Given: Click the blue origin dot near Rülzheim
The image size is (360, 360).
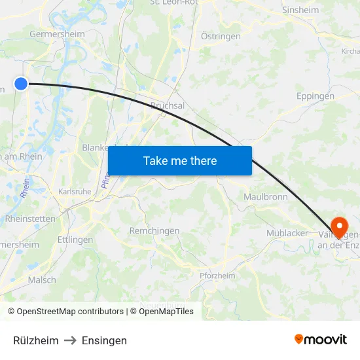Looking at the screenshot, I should (x=21, y=83).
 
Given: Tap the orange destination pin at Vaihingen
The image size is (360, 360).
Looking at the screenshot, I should (x=340, y=226).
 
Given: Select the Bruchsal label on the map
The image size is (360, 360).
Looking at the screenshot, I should (x=168, y=105).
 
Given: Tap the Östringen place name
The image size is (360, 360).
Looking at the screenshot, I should (x=221, y=37).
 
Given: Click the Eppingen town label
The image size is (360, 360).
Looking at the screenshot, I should (x=315, y=96).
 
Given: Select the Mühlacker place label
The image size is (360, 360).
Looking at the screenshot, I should (x=287, y=233).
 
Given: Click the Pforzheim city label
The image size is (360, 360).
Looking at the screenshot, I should (x=217, y=276).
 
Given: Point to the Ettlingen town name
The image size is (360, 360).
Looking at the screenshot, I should (x=75, y=240).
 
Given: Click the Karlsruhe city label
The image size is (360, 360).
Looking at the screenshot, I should (x=75, y=192).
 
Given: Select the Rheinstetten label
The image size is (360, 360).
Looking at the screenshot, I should (x=30, y=219).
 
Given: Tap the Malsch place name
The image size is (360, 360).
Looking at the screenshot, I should (x=42, y=279).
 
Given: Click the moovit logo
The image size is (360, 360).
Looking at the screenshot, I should (x=320, y=339).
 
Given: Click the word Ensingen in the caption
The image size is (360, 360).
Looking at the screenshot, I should (x=104, y=340).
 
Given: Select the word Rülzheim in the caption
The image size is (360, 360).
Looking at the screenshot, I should (x=36, y=340).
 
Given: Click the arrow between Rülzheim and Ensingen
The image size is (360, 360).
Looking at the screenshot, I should (x=70, y=340).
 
